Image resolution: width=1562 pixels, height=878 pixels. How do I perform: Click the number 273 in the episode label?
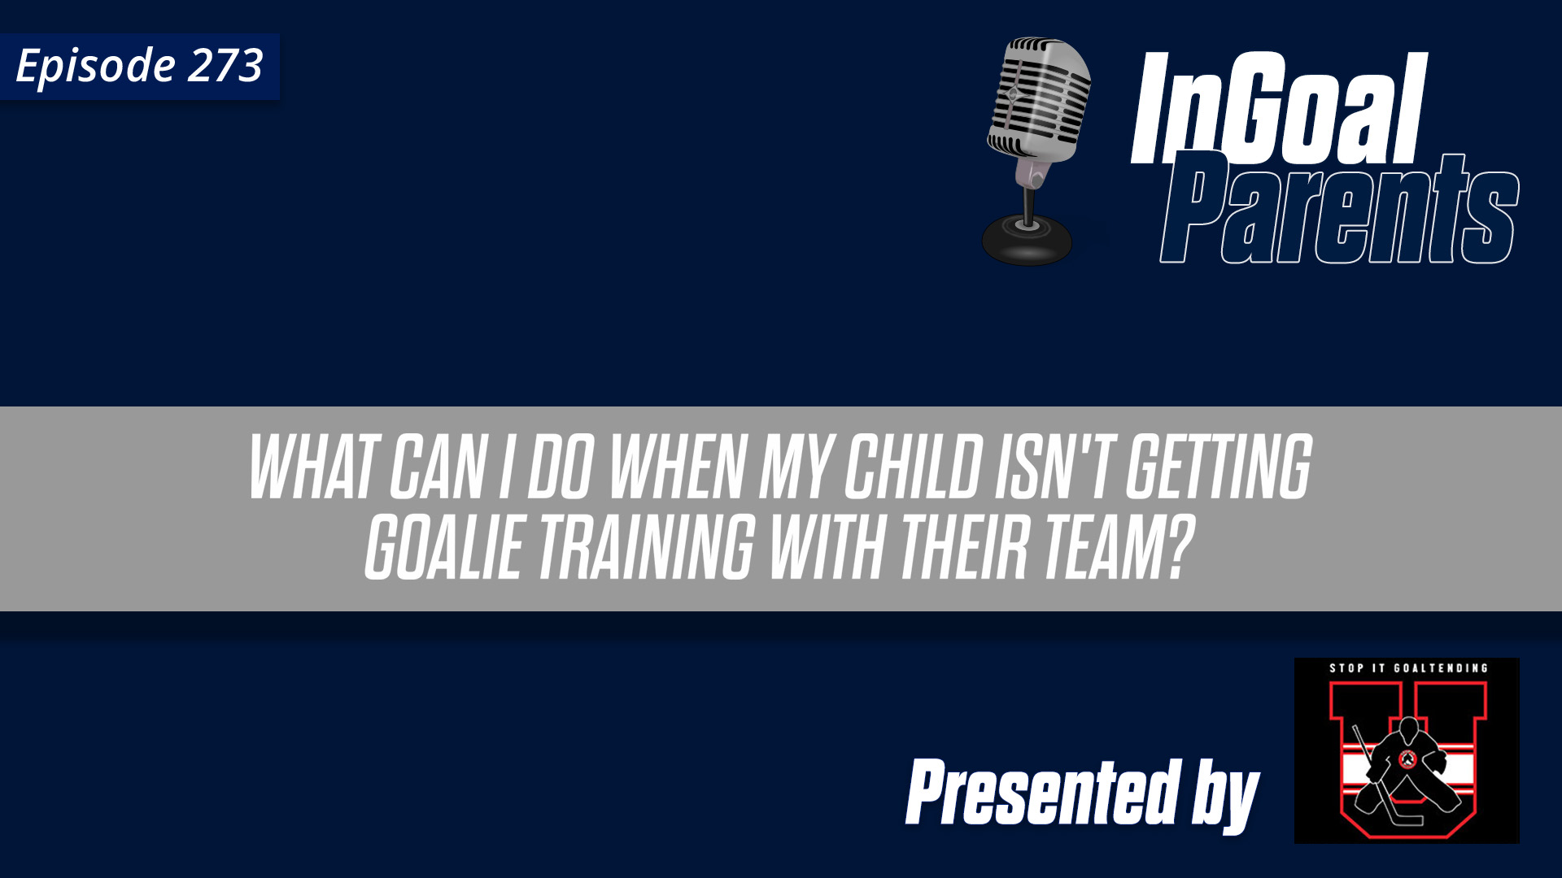coord(225,66)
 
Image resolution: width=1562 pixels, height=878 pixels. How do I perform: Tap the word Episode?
coord(95,66)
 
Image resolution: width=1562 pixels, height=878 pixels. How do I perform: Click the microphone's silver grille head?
coord(1040,98)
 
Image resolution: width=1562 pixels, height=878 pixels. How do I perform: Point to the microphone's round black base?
coord(1027,240)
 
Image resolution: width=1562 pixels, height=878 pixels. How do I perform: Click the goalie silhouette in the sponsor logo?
coord(1407,768)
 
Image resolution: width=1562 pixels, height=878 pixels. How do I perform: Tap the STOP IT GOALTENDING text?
coord(1408,668)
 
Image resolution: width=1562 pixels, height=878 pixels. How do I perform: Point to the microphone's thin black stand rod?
coord(1030,203)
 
